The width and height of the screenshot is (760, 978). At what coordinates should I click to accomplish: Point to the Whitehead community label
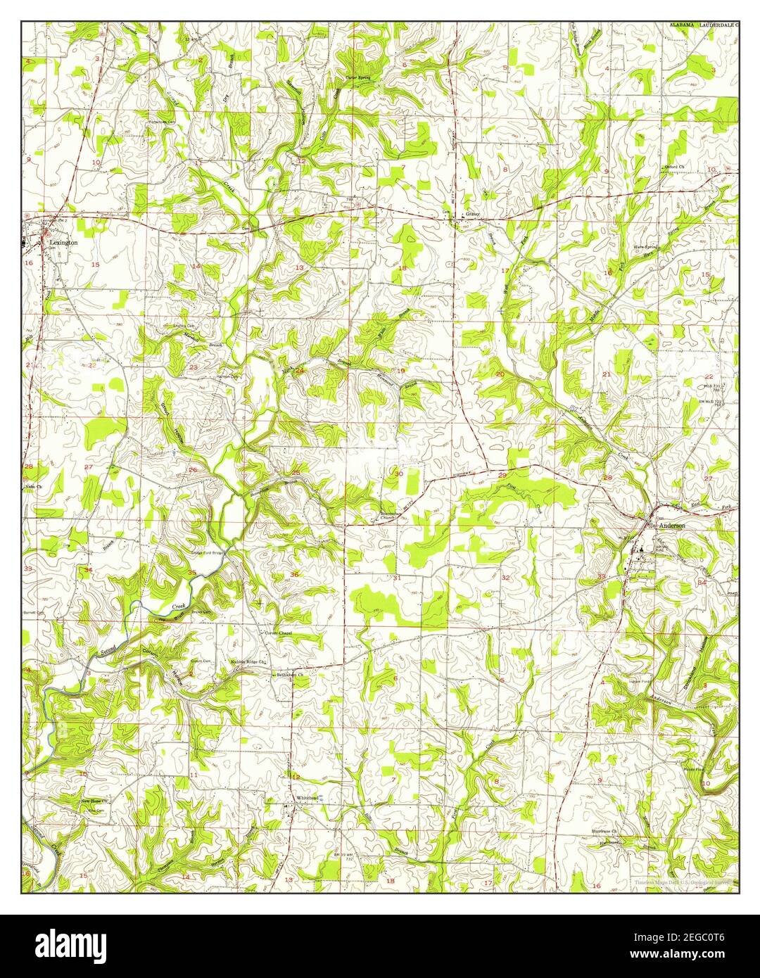(308, 797)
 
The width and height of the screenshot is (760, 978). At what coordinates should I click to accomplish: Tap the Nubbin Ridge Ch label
(248, 662)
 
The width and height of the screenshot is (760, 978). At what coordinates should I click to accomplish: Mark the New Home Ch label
(93, 801)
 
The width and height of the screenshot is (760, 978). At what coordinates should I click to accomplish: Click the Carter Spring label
(357, 76)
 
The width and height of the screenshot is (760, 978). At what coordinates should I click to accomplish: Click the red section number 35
(192, 573)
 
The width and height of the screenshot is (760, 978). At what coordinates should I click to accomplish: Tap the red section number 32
(505, 577)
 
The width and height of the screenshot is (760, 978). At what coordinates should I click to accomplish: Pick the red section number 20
(500, 374)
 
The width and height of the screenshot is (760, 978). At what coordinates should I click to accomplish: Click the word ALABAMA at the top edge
(680, 25)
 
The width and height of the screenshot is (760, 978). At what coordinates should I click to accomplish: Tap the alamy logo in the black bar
(72, 944)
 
